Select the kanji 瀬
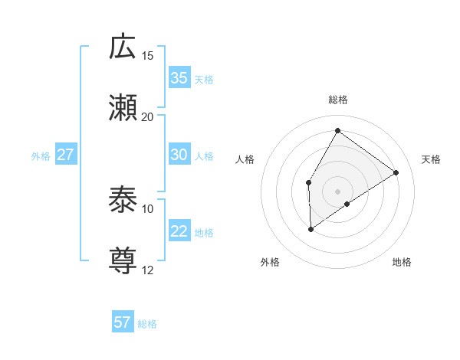pyautogui.click(x=123, y=106)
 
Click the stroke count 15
pyautogui.click(x=148, y=56)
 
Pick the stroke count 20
pyautogui.click(x=148, y=116)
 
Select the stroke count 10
pyautogui.click(x=148, y=209)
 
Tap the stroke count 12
pyautogui.click(x=148, y=270)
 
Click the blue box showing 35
pyautogui.click(x=179, y=78)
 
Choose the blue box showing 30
pyautogui.click(x=179, y=155)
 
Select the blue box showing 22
pyautogui.click(x=179, y=231)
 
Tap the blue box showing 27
pyautogui.click(x=65, y=155)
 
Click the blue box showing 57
pyautogui.click(x=123, y=322)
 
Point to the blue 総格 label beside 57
pyautogui.click(x=147, y=324)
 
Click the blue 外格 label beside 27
pyautogui.click(x=41, y=156)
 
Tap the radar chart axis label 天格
pyautogui.click(x=431, y=159)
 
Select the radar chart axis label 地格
pyautogui.click(x=402, y=263)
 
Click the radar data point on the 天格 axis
pyautogui.click(x=396, y=172)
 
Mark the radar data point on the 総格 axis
pyautogui.click(x=337, y=130)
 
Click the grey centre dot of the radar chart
pyautogui.click(x=337, y=191)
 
